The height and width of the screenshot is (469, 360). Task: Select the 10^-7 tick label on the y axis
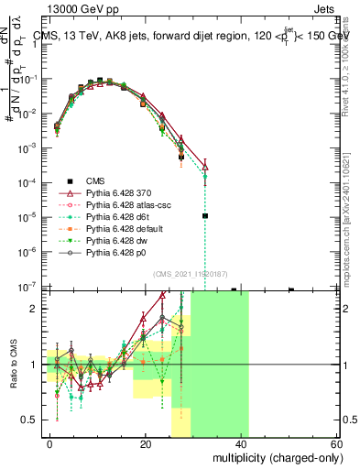pyautogui.click(x=26, y=287)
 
